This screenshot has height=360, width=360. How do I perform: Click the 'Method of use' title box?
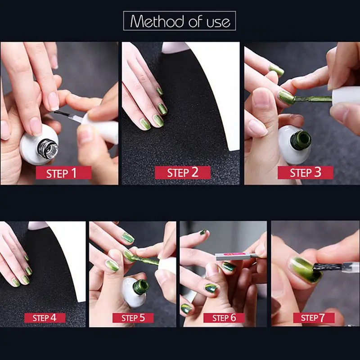[x=180, y=21]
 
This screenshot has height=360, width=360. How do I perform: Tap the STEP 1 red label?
[x=63, y=173]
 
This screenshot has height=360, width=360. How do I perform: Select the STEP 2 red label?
[x=182, y=172]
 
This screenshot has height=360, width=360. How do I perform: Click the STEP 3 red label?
[x=305, y=172]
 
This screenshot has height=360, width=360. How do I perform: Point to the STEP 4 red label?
[x=45, y=318]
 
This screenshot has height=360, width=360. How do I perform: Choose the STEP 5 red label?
[x=133, y=318]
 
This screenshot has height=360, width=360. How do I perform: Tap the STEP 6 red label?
[x=224, y=318]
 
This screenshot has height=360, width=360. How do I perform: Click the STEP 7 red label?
[x=314, y=318]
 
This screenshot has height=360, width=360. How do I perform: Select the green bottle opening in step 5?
[x=141, y=286]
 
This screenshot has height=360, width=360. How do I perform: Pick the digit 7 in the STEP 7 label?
[x=322, y=318]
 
